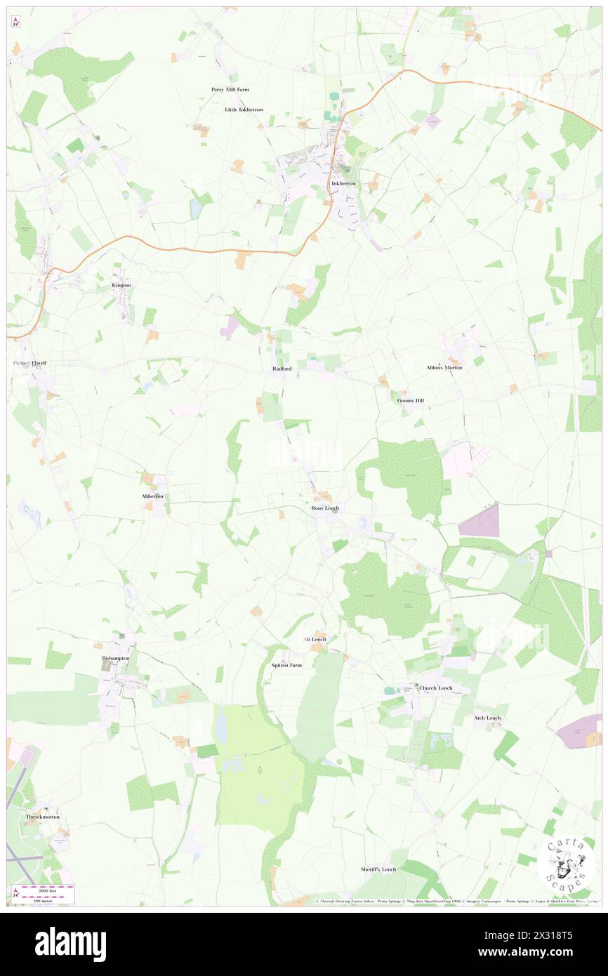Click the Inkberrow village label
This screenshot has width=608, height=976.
[x=344, y=183]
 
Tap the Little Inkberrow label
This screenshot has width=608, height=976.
[x=244, y=110]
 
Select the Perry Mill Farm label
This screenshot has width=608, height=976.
[x=230, y=90]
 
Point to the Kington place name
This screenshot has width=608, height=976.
[x=121, y=285]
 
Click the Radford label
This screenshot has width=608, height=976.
[x=282, y=368]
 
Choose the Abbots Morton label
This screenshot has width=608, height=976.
[x=444, y=367]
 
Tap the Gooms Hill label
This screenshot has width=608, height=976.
[x=411, y=400]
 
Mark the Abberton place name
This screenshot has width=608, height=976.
[x=152, y=496]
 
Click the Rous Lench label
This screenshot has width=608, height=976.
[x=325, y=508]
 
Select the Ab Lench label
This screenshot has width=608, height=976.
[x=315, y=639]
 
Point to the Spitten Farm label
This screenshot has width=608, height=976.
[x=286, y=664]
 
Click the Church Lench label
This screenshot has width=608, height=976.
[x=435, y=687]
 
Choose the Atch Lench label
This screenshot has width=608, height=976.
[x=487, y=718]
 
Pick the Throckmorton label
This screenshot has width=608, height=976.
[x=42, y=817]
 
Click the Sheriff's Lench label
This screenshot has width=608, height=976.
[x=378, y=869]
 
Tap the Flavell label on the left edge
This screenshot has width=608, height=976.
[x=29, y=362]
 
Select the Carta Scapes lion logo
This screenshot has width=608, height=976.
[x=567, y=864]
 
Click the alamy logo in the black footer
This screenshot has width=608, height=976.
[x=70, y=944]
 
